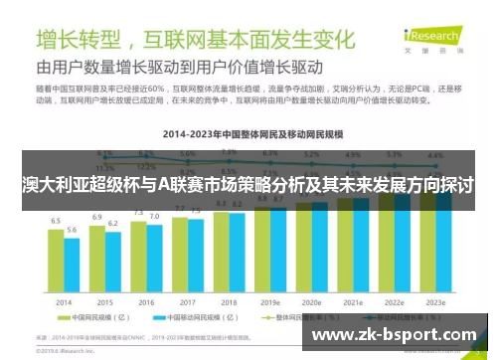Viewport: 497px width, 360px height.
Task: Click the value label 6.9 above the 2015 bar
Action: pyautogui.click(x=97, y=216)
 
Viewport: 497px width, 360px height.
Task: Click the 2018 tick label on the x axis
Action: pyautogui.click(x=228, y=301)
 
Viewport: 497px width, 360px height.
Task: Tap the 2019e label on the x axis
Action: pyautogui.click(x=269, y=301)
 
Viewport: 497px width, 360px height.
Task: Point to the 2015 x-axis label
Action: pyautogui.click(x=104, y=301)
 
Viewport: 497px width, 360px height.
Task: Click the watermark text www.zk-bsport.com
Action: pyautogui.click(x=398, y=335)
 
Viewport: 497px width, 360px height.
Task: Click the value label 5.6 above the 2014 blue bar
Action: pyautogui.click(x=71, y=230)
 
